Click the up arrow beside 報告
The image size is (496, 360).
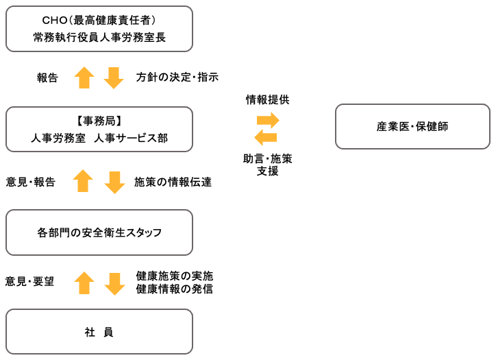(x=84, y=77)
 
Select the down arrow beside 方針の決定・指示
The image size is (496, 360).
(x=114, y=78)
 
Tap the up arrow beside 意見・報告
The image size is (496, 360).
(x=83, y=181)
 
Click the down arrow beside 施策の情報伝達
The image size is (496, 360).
(x=114, y=182)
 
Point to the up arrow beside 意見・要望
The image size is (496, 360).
(x=84, y=283)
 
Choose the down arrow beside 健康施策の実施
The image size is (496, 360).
(x=114, y=284)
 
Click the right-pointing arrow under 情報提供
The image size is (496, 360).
(x=268, y=120)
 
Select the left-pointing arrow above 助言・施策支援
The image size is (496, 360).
(x=266, y=137)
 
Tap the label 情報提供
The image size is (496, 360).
(x=268, y=99)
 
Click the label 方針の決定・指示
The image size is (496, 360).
(x=177, y=77)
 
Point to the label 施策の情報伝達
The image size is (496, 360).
(x=173, y=182)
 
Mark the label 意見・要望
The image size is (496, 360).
(x=29, y=281)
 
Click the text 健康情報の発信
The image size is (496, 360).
(x=175, y=289)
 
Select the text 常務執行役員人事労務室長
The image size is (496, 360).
(x=99, y=37)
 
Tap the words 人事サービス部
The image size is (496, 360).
(x=131, y=138)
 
